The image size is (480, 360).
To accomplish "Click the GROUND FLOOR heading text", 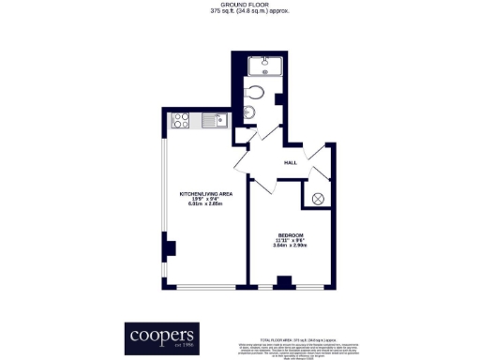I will click(240, 5).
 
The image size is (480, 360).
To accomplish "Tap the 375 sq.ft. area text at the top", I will click(240, 11).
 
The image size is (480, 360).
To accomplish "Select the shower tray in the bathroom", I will click(266, 66).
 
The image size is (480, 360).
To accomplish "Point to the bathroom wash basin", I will click(247, 114).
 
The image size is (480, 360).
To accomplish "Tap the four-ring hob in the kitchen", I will click(183, 120).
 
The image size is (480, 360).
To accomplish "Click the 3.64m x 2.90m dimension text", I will click(290, 246).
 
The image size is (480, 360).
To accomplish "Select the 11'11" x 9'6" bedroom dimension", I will click(290, 240).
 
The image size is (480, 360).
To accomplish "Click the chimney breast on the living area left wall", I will click(169, 248).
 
